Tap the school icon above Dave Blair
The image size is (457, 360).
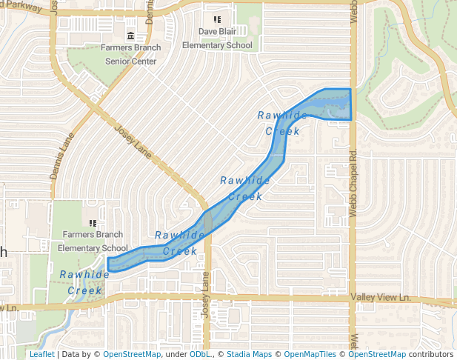(x=217, y=20)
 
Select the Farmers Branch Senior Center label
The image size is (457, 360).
(x=130, y=55)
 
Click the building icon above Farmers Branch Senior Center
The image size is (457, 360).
(x=130, y=36)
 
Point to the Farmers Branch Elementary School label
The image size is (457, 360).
(x=93, y=241)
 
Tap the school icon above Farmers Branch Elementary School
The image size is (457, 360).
(x=93, y=223)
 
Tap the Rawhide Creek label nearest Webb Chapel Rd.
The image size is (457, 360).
(x=282, y=123)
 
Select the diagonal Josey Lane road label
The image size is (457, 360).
(x=133, y=140)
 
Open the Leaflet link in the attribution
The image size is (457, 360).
(x=41, y=354)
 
